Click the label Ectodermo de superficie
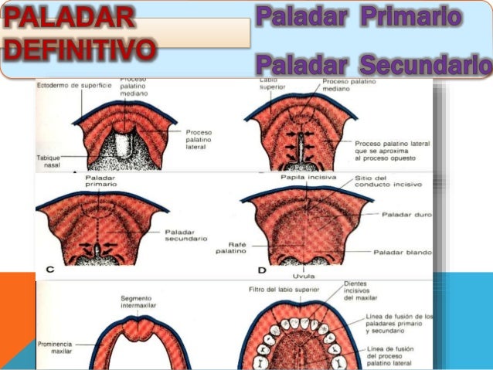(74, 84)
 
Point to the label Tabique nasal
(48, 161)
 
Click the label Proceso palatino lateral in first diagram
(199, 140)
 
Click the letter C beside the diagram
(49, 270)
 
